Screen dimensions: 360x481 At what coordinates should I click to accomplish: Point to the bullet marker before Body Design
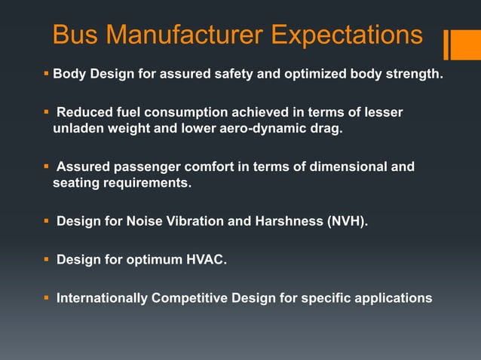pos(46,75)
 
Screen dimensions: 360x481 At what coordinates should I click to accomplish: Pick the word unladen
pos(77,129)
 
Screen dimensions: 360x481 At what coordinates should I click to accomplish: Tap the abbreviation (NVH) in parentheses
pos(344,222)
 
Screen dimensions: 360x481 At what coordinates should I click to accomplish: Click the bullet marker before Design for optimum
pos(46,260)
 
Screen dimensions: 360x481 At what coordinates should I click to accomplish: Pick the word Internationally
pos(102,298)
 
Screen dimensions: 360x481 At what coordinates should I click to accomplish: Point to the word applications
pos(397,298)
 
